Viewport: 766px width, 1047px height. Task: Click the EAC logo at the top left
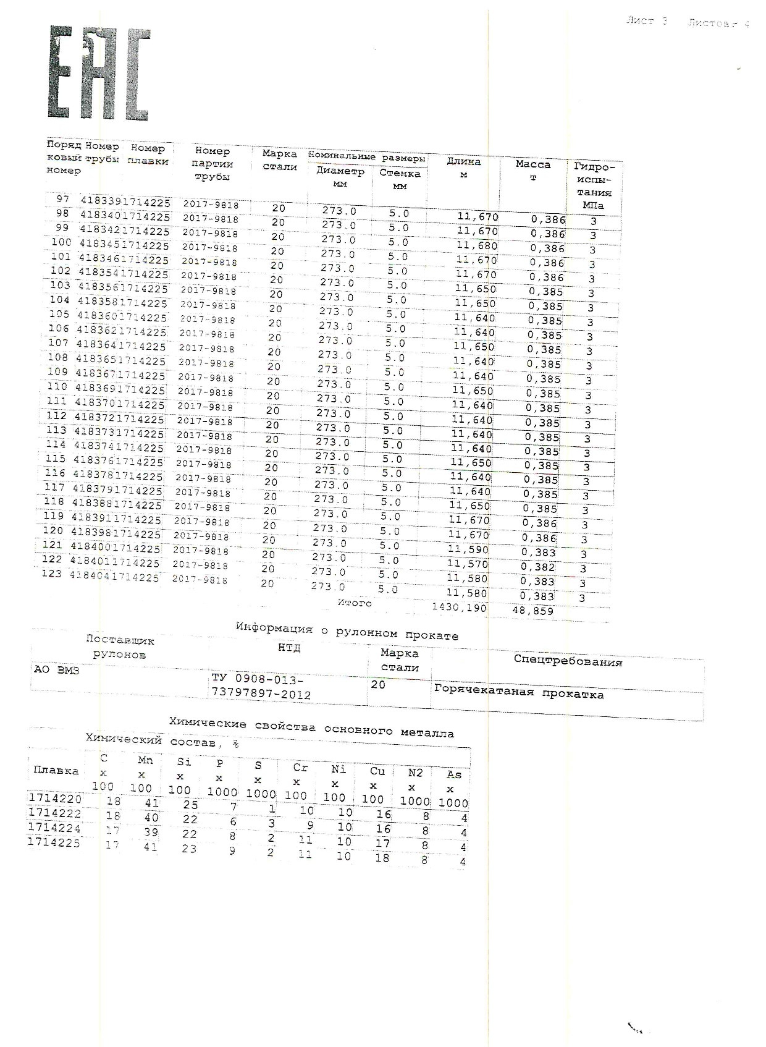(x=99, y=73)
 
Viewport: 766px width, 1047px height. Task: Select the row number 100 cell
(x=61, y=242)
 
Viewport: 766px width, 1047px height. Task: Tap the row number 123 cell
(x=51, y=574)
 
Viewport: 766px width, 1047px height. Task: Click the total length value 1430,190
(x=459, y=608)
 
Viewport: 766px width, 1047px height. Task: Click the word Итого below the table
(x=355, y=603)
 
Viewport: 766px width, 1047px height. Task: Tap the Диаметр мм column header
(x=340, y=177)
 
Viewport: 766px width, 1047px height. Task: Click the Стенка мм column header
(x=400, y=179)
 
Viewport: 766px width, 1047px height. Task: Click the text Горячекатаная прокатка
(x=519, y=693)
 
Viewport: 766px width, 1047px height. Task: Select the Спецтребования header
(x=568, y=661)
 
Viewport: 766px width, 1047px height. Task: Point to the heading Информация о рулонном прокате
(x=347, y=632)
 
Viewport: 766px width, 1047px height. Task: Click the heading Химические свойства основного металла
(x=312, y=728)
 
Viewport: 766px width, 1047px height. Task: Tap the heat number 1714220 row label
(x=55, y=799)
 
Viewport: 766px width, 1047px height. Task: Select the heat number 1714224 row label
(x=54, y=828)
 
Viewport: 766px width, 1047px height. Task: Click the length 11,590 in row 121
(x=468, y=549)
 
